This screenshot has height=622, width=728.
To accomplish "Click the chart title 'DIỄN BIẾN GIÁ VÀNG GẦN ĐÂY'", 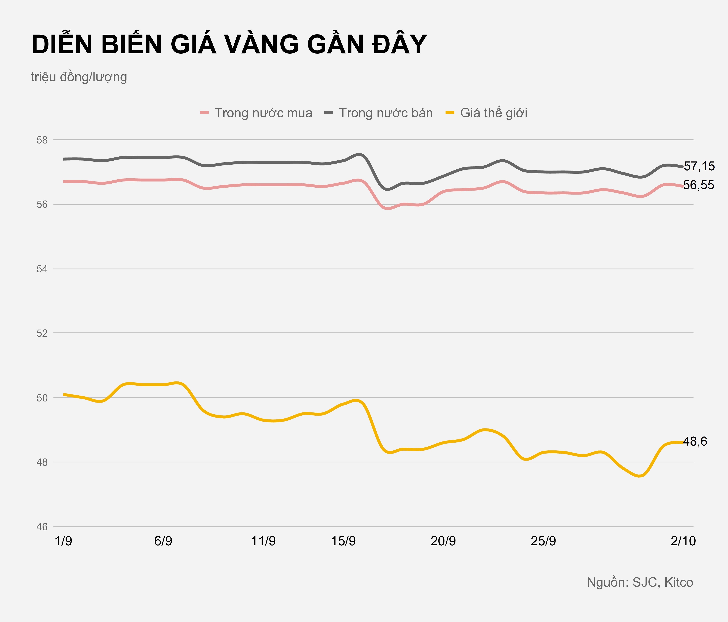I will point(229,45).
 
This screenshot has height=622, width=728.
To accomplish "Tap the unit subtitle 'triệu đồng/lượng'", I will point(79,77).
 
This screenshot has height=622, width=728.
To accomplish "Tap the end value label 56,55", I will point(699,185).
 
